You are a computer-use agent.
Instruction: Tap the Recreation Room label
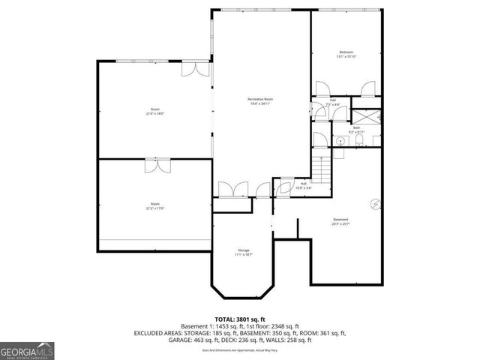(x=260, y=101)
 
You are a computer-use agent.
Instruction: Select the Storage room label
(x=244, y=252)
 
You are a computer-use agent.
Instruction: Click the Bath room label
(x=357, y=130)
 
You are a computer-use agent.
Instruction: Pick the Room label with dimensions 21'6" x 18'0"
(x=154, y=112)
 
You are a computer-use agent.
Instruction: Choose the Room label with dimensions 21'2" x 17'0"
(x=154, y=205)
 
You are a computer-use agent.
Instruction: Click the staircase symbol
(x=320, y=172)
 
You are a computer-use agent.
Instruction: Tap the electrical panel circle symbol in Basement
(x=376, y=202)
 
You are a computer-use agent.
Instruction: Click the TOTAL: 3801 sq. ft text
(x=239, y=318)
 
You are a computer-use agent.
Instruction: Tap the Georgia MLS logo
(x=27, y=349)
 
